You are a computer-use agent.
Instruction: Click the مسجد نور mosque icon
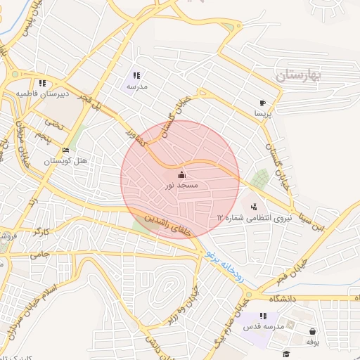[x=181, y=174]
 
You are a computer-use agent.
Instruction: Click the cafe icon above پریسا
[x=262, y=102]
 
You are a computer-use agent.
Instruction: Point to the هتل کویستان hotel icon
[x=66, y=150]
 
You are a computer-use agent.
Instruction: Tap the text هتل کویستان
[x=66, y=161]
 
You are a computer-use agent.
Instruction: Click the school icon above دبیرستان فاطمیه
[x=43, y=83]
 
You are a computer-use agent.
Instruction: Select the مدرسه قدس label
[x=263, y=327]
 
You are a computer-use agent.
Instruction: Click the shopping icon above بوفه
[x=311, y=331]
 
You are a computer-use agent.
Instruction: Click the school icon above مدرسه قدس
[x=263, y=316]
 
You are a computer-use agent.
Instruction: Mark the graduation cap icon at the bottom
[x=285, y=353]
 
